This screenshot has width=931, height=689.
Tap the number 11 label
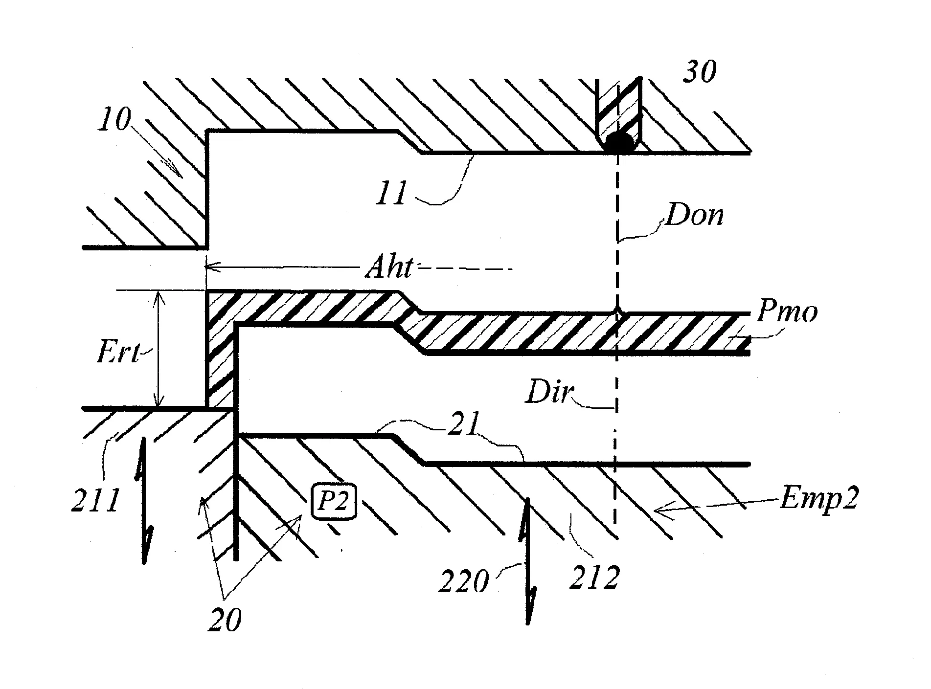(391, 194)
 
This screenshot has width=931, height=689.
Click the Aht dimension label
(389, 268)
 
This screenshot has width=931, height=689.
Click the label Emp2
(818, 500)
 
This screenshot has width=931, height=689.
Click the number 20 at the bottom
(225, 620)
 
